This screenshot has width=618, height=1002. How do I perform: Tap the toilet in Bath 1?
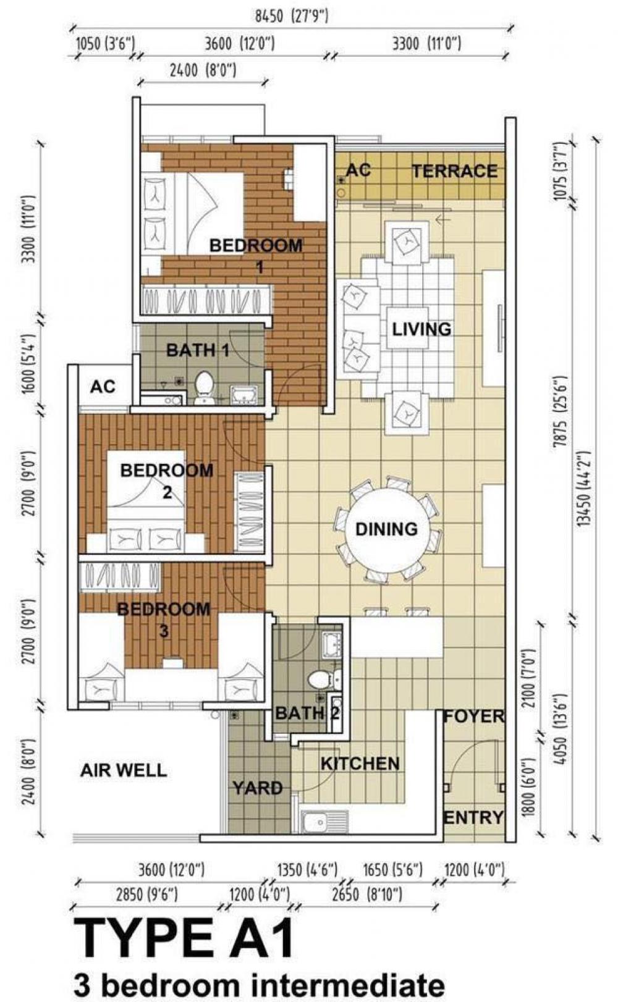pos(204,388)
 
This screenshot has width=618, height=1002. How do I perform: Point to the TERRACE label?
pos(455,171)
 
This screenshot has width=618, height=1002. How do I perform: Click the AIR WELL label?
pos(124,770)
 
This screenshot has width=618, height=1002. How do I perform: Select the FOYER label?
pos(473,716)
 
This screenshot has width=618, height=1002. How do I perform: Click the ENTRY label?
pos(473,817)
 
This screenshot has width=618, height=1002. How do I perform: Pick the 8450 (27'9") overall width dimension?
pos(292,17)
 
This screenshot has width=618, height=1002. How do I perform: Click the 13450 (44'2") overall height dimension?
pos(584,489)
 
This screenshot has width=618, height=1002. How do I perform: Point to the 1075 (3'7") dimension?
pos(561,171)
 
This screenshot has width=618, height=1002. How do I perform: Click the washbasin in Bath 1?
pos(242,395)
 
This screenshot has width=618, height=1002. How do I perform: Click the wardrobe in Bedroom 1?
pos(206,299)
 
